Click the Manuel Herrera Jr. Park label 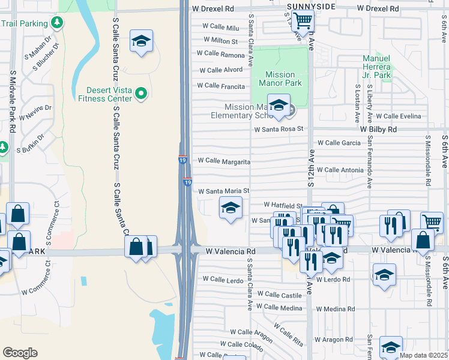click(x=377, y=67)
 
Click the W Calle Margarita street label click(x=223, y=161)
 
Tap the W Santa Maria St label click(x=224, y=191)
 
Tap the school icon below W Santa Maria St click(x=231, y=208)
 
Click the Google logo click(x=20, y=353)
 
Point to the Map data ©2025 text click(x=424, y=355)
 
